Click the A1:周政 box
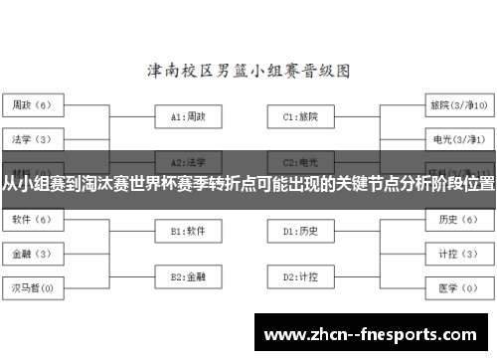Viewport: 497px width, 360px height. [x=188, y=116]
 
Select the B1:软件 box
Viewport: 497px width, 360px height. [x=188, y=231]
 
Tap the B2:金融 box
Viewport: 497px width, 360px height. [x=188, y=275]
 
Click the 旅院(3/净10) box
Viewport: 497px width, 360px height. [x=457, y=104]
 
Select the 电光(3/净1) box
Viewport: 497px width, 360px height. [x=457, y=137]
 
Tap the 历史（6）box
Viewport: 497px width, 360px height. [x=456, y=220]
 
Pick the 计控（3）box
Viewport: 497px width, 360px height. [x=456, y=253]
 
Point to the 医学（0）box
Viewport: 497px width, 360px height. [x=456, y=288]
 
